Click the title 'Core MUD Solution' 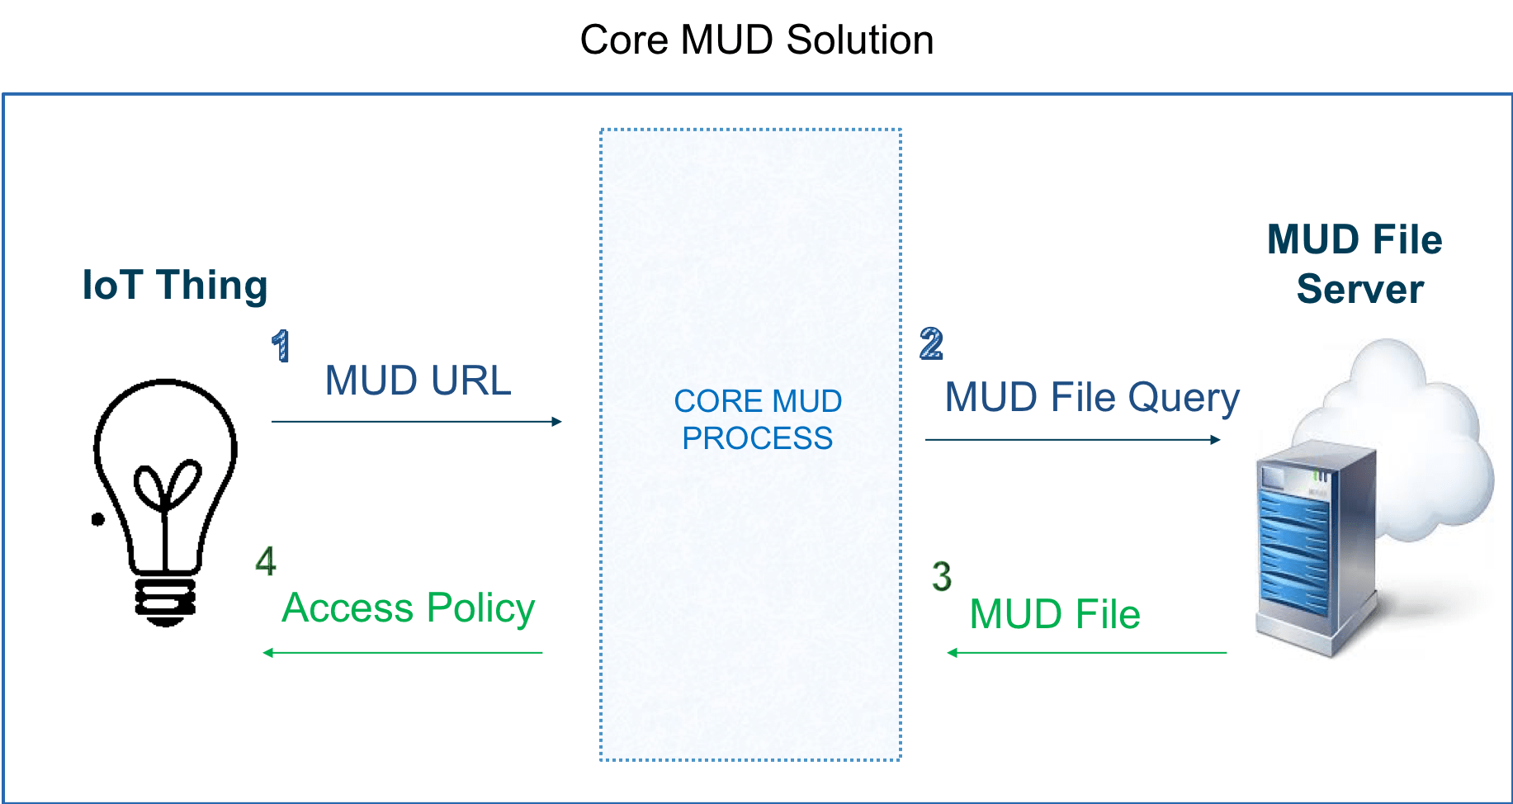pyautogui.click(x=756, y=40)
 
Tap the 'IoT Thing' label pyautogui.click(x=175, y=286)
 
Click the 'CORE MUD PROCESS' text pyautogui.click(x=757, y=419)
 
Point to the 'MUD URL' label pyautogui.click(x=418, y=381)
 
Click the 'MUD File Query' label pyautogui.click(x=1091, y=398)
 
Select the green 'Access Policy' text pyautogui.click(x=408, y=608)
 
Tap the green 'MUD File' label pyautogui.click(x=1054, y=614)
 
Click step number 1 pyautogui.click(x=281, y=346)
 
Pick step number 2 pyautogui.click(x=931, y=343)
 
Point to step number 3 pyautogui.click(x=941, y=576)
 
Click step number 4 pyautogui.click(x=265, y=561)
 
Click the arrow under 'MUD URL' pyautogui.click(x=417, y=422)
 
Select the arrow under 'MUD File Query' pyautogui.click(x=1072, y=439)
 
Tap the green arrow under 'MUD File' pyautogui.click(x=1086, y=653)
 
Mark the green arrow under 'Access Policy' pyautogui.click(x=403, y=653)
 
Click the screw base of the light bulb pyautogui.click(x=165, y=601)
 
